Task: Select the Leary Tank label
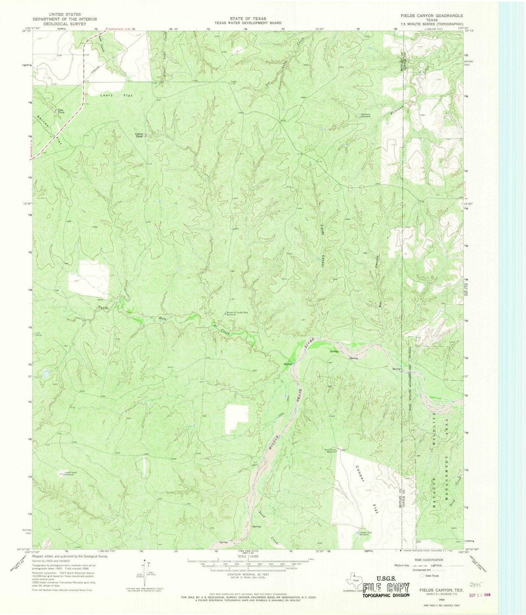click(x=139, y=135)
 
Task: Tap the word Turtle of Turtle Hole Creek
click(x=103, y=308)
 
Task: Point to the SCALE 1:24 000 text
click(x=247, y=556)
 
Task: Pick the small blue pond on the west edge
click(x=46, y=374)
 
